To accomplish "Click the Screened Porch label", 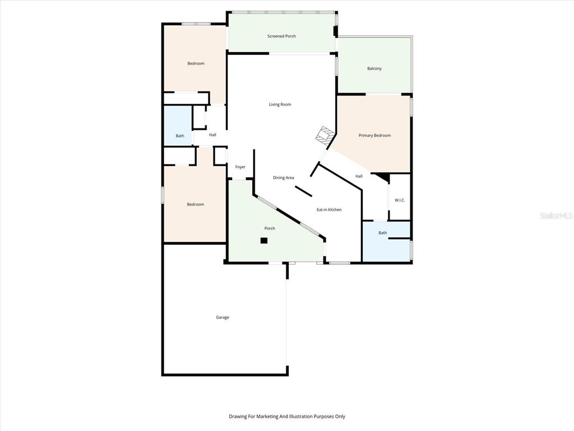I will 281,36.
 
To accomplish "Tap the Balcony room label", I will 374,68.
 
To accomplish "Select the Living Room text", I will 280,104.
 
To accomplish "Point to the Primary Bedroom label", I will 374,135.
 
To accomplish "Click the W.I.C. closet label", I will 400,200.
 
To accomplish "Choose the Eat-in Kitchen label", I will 329,209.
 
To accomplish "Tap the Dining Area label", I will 284,178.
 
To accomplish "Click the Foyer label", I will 240,167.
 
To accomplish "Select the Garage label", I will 223,317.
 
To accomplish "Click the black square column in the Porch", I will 264,241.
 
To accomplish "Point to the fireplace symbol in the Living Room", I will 324,134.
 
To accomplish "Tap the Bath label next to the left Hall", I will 180,136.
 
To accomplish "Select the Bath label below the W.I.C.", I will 383,233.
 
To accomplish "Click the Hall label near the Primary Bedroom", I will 359,176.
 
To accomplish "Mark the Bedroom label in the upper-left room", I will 196,63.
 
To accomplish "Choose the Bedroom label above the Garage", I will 196,204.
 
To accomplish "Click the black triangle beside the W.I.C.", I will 383,177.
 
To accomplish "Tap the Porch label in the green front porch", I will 270,228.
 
